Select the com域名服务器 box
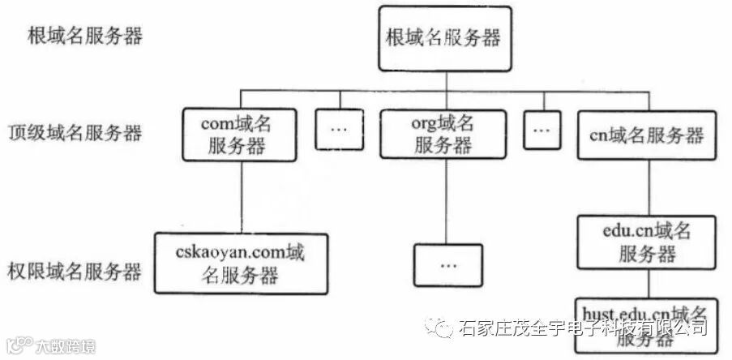238,135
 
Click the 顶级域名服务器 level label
75,133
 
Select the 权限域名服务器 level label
75,271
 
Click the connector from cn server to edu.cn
647,187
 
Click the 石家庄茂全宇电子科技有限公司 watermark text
583,328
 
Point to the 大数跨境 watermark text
64,347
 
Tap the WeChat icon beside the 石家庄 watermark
445,328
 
